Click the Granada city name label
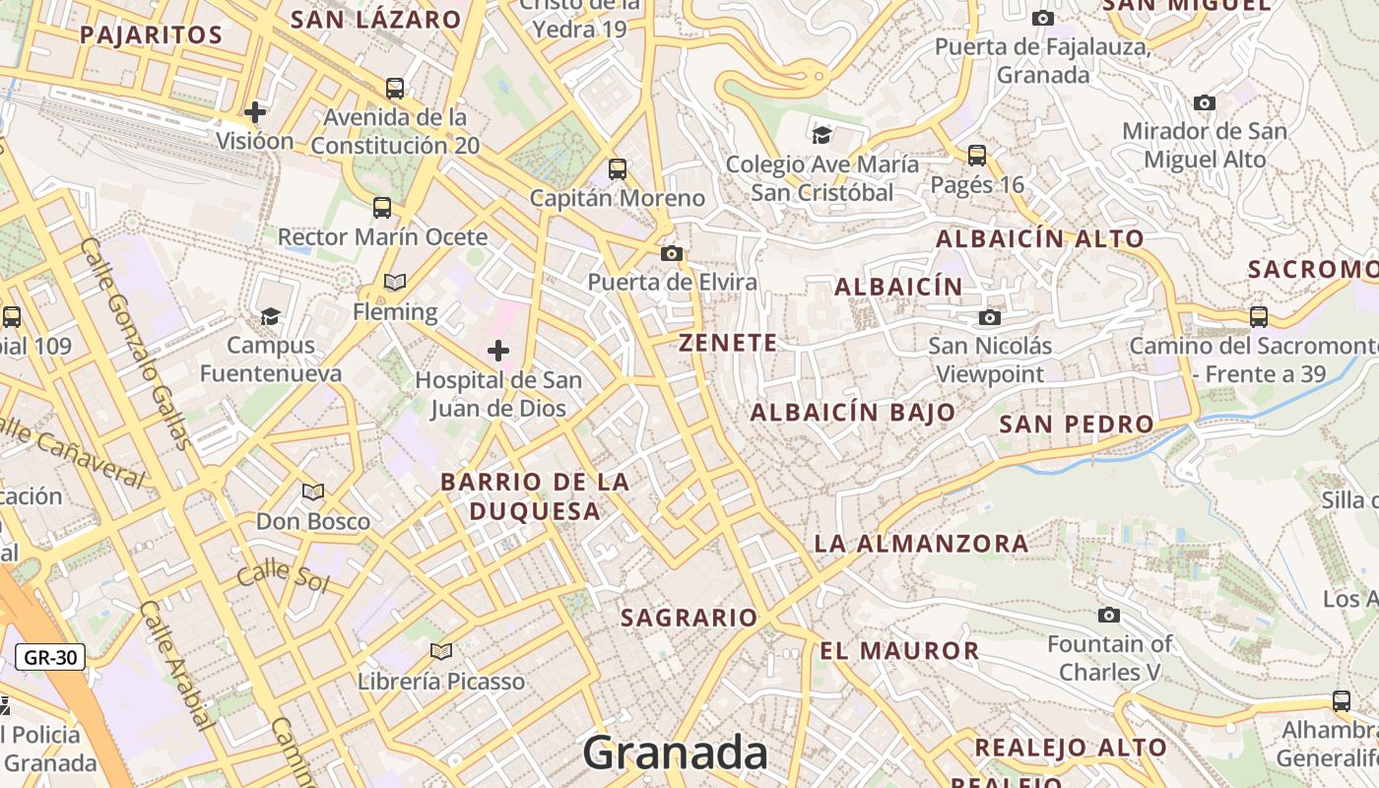coord(675,754)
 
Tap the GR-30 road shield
coord(50,657)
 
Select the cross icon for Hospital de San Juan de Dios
coord(498,351)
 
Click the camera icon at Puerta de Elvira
coord(672,254)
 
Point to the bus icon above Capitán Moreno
coord(618,169)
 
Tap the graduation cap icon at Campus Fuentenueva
coord(270,316)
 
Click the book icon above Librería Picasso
coord(441,651)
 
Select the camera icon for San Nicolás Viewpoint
coord(990,317)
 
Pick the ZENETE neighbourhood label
coord(728,343)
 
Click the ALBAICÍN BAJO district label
coord(853,413)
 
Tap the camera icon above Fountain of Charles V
coord(1109,616)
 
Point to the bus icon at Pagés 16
coord(977,156)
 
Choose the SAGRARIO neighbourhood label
coord(689,618)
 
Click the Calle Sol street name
coord(283,574)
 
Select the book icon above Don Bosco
coord(313,492)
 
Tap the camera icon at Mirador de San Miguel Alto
coord(1204,102)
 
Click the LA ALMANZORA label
coord(921,543)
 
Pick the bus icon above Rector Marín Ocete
coord(382,208)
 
